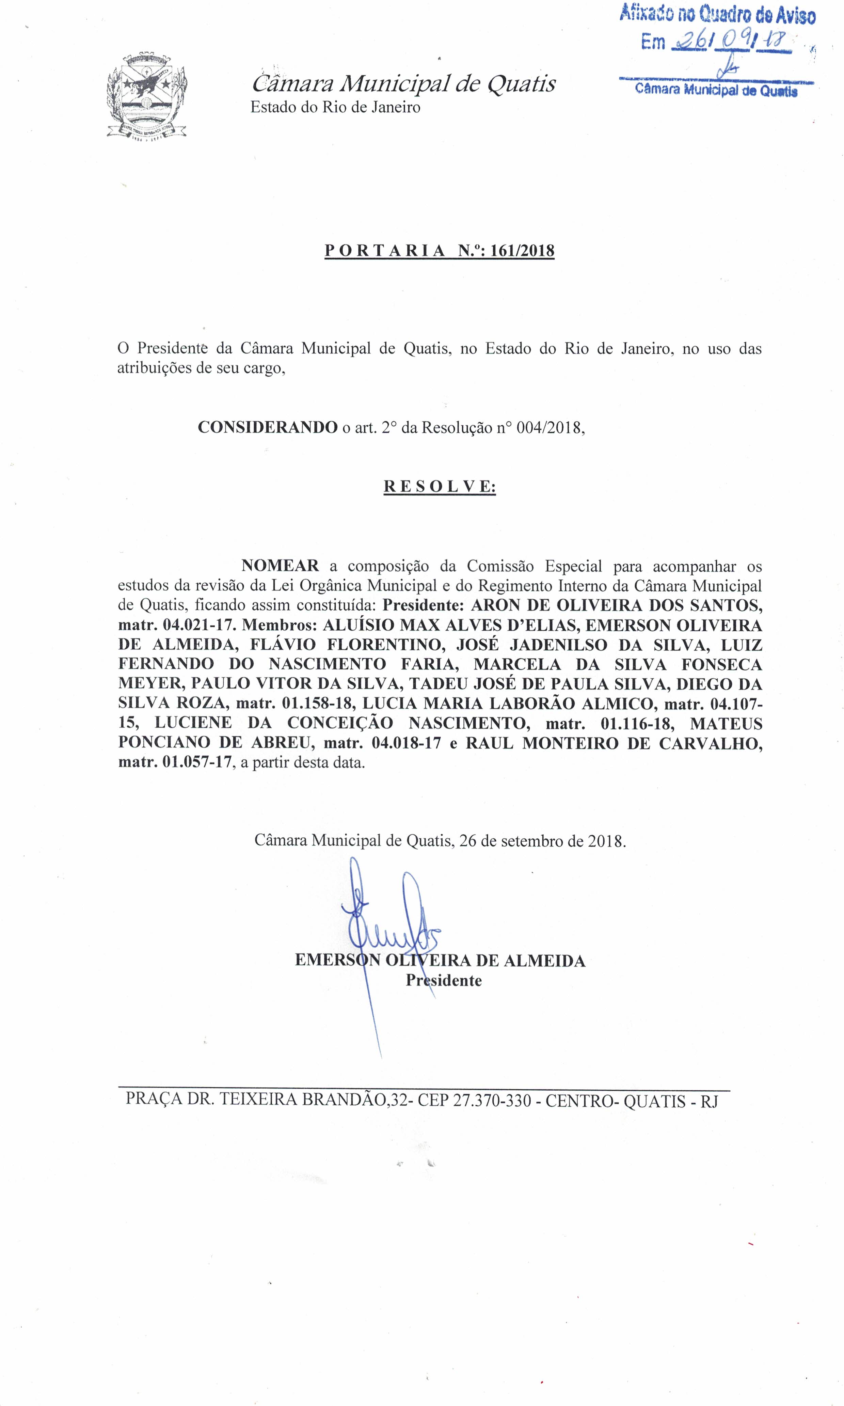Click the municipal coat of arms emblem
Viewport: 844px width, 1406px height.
[x=147, y=96]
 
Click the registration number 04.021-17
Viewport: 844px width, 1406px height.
[x=198, y=625]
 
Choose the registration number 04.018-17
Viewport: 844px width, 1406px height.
[x=406, y=743]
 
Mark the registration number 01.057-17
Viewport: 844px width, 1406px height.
[x=197, y=762]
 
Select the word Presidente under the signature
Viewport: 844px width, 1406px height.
[x=444, y=980]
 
